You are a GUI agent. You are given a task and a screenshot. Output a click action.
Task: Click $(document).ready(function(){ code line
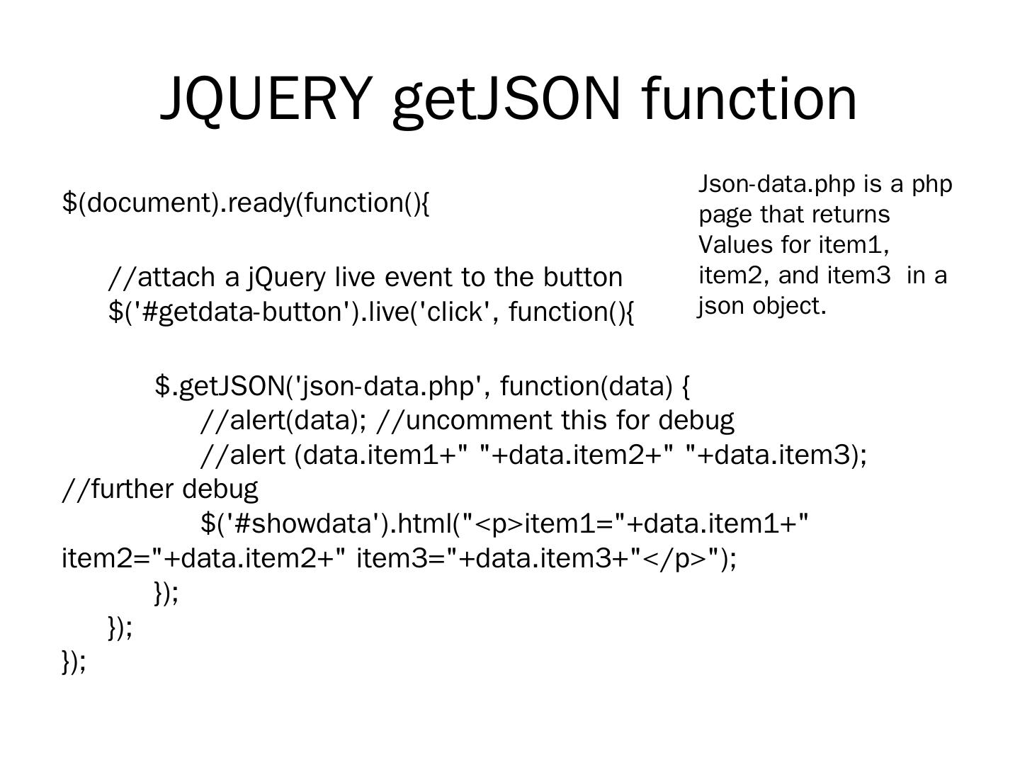(x=246, y=203)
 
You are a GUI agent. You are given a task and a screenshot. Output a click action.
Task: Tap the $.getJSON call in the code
(x=220, y=386)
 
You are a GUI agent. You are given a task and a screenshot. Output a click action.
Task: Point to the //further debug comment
(x=160, y=489)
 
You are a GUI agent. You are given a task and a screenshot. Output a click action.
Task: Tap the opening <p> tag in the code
(x=499, y=523)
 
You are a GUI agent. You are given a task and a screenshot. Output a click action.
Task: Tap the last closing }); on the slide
(x=74, y=662)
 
